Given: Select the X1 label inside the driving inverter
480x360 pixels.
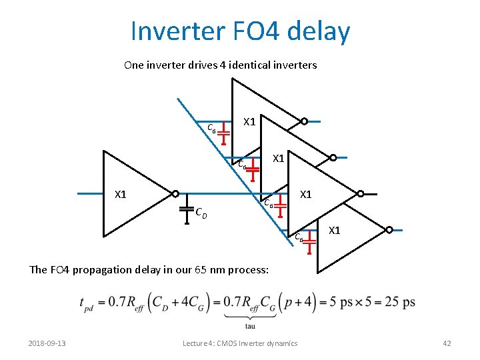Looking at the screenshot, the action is click(x=121, y=195).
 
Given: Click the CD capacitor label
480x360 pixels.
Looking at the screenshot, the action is click(x=201, y=213).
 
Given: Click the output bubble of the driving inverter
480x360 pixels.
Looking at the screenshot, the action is click(x=175, y=194).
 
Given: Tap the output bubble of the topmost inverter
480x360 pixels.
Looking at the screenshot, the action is click(x=304, y=121).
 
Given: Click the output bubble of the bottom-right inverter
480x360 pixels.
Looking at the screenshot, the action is click(x=388, y=230).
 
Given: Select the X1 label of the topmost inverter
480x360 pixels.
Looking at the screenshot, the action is click(x=250, y=122).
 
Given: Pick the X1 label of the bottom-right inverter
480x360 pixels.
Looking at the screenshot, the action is click(x=335, y=231).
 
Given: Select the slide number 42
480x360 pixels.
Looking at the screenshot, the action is click(x=447, y=343).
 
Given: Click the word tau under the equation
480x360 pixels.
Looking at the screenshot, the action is click(x=251, y=326).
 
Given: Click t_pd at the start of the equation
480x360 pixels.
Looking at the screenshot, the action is click(x=89, y=304).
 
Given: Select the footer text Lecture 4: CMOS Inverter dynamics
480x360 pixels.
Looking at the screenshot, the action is click(x=240, y=343).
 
